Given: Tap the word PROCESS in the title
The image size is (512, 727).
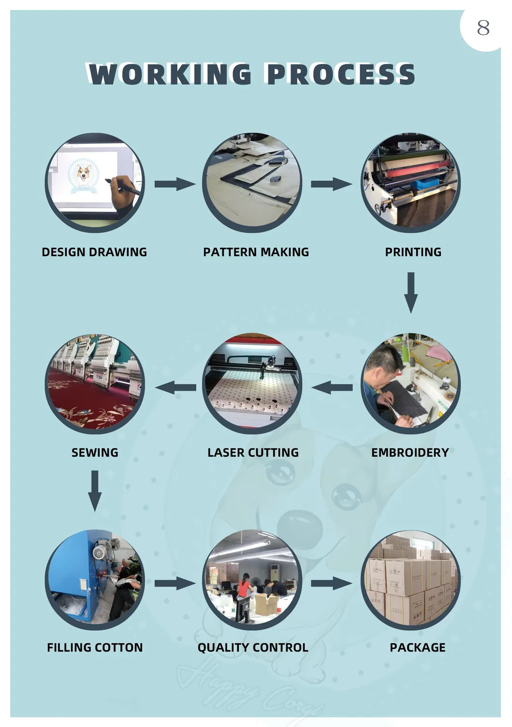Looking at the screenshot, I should coord(340,74).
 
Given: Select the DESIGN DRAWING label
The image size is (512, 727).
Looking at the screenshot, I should coord(94,252).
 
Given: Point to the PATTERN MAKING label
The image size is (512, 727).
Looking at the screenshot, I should coord(256,252).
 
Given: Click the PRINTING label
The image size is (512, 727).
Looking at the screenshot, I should coord(413,252).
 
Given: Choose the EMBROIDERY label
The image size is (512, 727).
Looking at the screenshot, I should coord(410,453).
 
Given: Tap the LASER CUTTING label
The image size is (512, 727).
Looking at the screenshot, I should coord(253,453).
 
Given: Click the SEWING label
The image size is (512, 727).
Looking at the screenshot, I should coord(95,453).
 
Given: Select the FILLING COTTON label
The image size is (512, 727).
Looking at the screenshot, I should coord(95,648).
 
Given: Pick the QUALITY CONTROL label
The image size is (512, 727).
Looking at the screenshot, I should coord(253,648).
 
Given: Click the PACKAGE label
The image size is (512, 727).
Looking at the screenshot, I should coord(417,648).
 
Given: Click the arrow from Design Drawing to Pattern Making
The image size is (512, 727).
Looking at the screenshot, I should coord(175,184).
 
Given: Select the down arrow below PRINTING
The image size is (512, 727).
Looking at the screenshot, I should coord(411,293).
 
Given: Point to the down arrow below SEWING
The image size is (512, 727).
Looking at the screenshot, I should coord(95,490).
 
